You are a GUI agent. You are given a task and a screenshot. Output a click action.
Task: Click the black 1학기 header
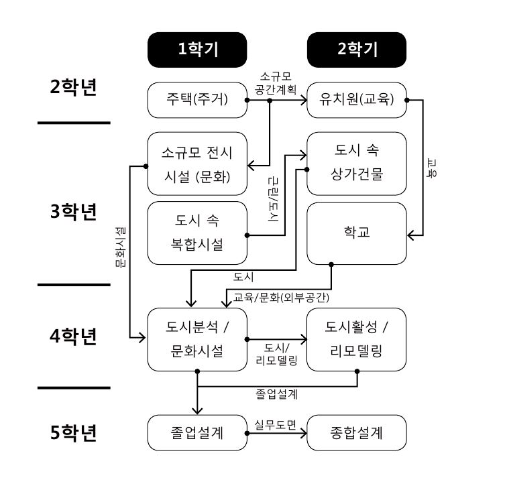click(x=197, y=49)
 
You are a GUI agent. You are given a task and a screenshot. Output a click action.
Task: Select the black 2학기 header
click(x=356, y=49)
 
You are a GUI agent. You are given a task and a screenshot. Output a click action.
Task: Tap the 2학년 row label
click(x=74, y=88)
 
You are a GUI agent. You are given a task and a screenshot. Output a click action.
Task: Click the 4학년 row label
click(x=74, y=335)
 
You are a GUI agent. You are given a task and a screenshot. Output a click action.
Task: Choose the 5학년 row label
click(x=74, y=432)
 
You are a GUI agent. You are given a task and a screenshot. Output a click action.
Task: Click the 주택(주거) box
click(x=197, y=100)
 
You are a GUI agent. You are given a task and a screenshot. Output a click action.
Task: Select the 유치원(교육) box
click(x=356, y=100)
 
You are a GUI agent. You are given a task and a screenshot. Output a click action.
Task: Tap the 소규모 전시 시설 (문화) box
click(x=197, y=164)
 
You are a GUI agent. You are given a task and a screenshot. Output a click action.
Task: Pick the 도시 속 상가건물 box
click(x=356, y=164)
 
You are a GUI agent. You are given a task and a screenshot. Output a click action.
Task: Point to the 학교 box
click(x=356, y=233)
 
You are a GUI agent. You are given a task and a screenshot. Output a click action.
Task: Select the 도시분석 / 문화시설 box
click(x=197, y=339)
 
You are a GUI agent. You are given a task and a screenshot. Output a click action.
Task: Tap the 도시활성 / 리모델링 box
click(x=356, y=339)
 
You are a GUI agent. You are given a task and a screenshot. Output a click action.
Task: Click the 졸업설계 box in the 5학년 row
click(x=197, y=432)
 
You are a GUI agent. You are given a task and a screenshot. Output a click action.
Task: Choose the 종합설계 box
click(x=356, y=432)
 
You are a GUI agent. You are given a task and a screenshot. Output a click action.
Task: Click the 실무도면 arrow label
click(x=276, y=424)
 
